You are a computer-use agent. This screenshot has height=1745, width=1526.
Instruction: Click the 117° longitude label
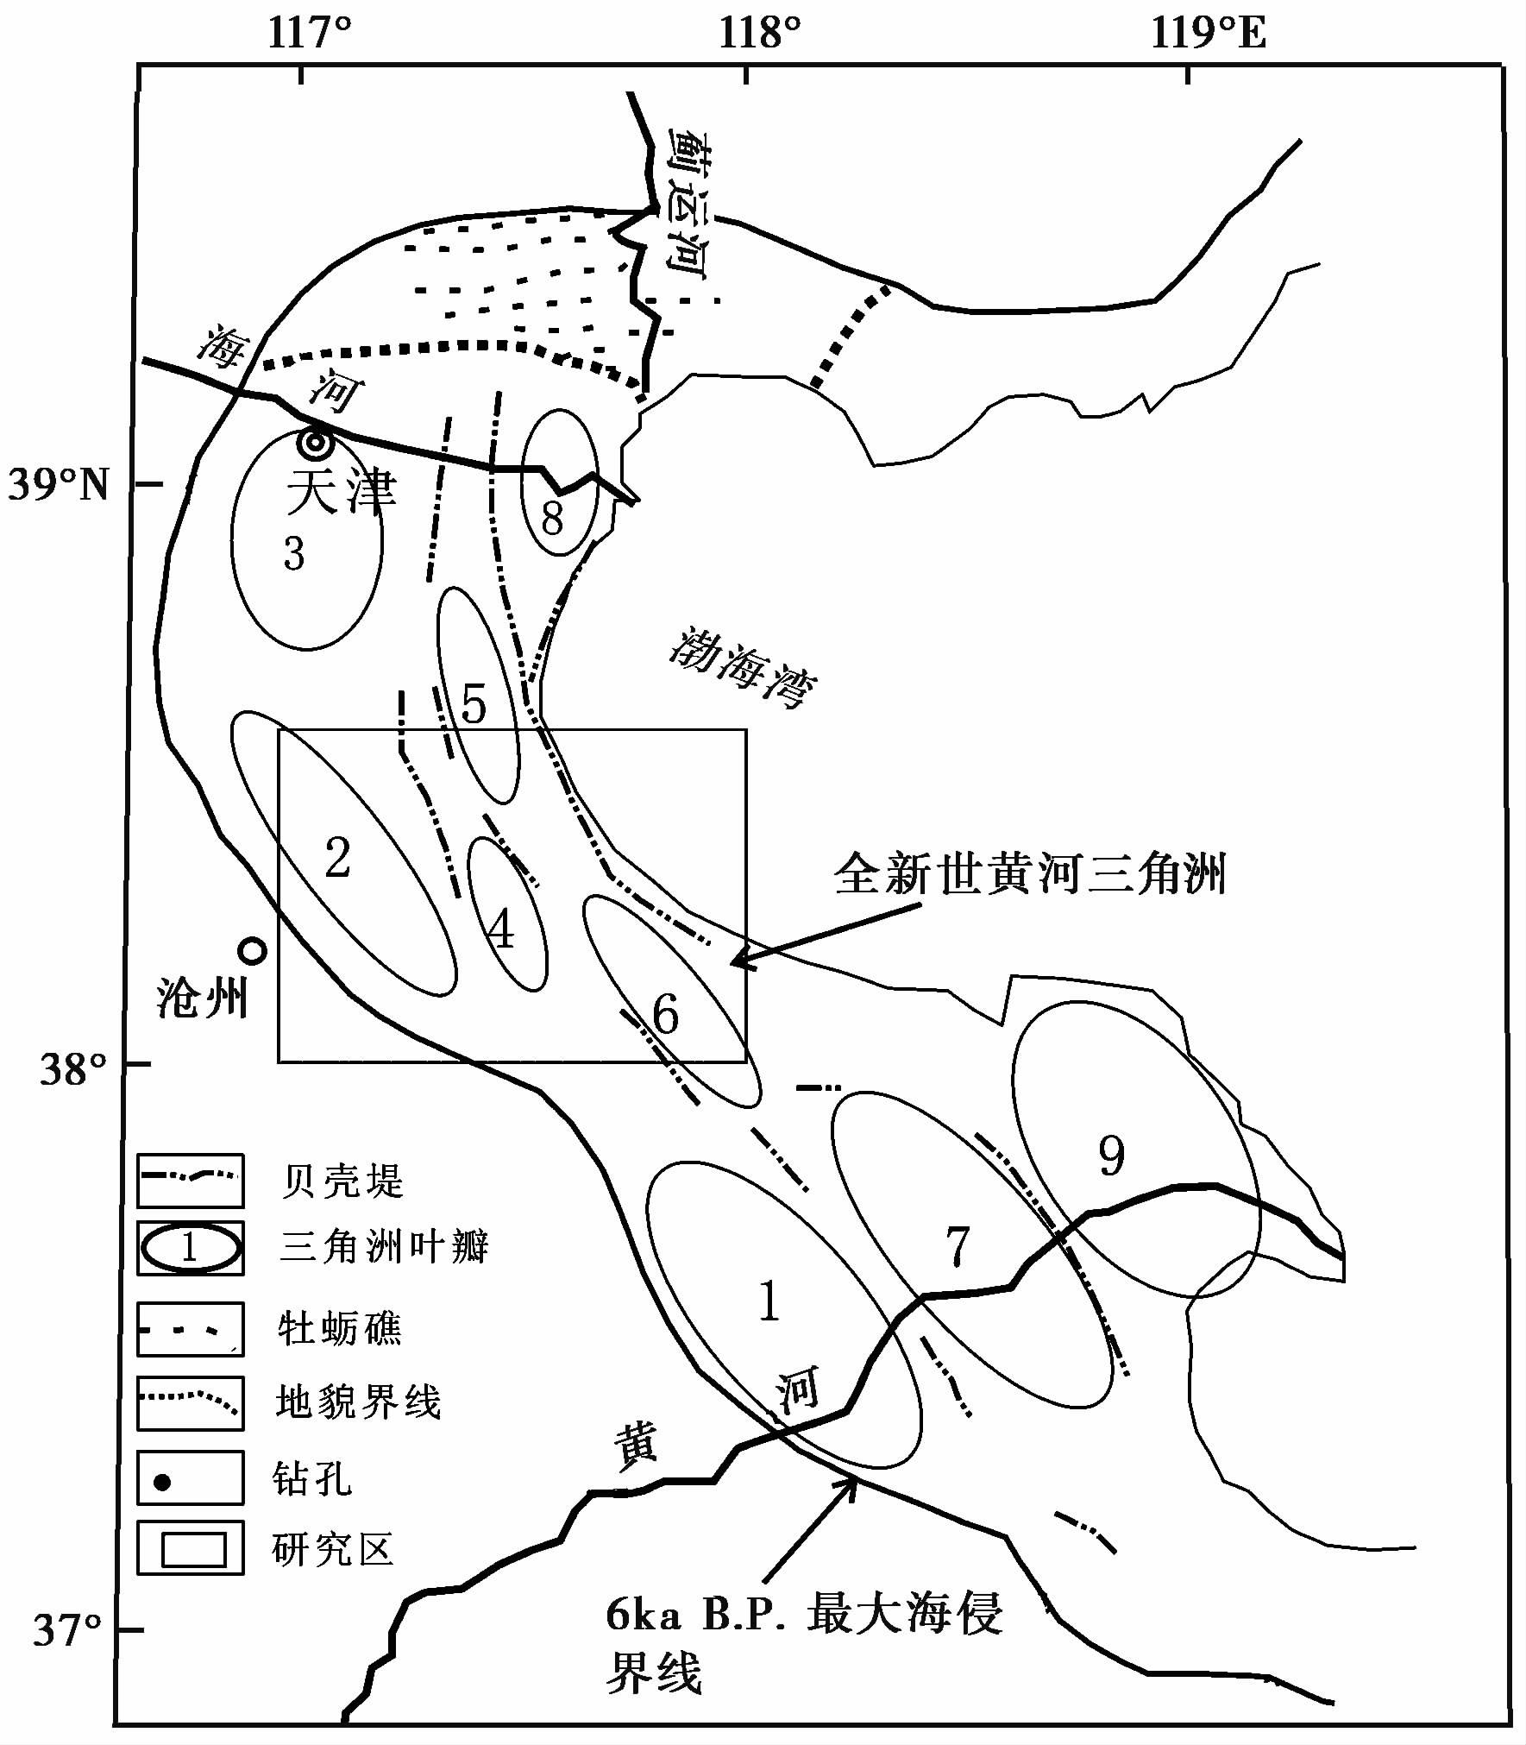coord(310,34)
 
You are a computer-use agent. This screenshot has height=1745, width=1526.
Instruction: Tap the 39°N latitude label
coord(59,485)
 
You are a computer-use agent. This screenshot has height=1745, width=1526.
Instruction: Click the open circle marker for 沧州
coord(252,951)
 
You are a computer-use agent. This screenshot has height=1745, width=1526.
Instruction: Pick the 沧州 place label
coord(203,999)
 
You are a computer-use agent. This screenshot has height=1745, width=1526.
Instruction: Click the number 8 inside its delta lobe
coord(552,518)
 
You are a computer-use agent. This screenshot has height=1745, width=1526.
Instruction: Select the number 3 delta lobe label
coord(294,554)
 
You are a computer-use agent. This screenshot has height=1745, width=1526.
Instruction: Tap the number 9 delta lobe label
coord(1111,1156)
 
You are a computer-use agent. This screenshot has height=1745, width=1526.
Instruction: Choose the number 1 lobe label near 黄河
coord(769,1301)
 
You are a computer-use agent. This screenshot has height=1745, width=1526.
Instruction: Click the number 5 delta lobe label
coord(474,704)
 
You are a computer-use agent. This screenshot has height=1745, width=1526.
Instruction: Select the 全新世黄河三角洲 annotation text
coord(1029,874)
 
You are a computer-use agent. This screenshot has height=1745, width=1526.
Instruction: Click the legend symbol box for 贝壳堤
coord(191,1181)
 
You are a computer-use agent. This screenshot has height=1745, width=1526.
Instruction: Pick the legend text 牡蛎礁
coord(339,1329)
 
